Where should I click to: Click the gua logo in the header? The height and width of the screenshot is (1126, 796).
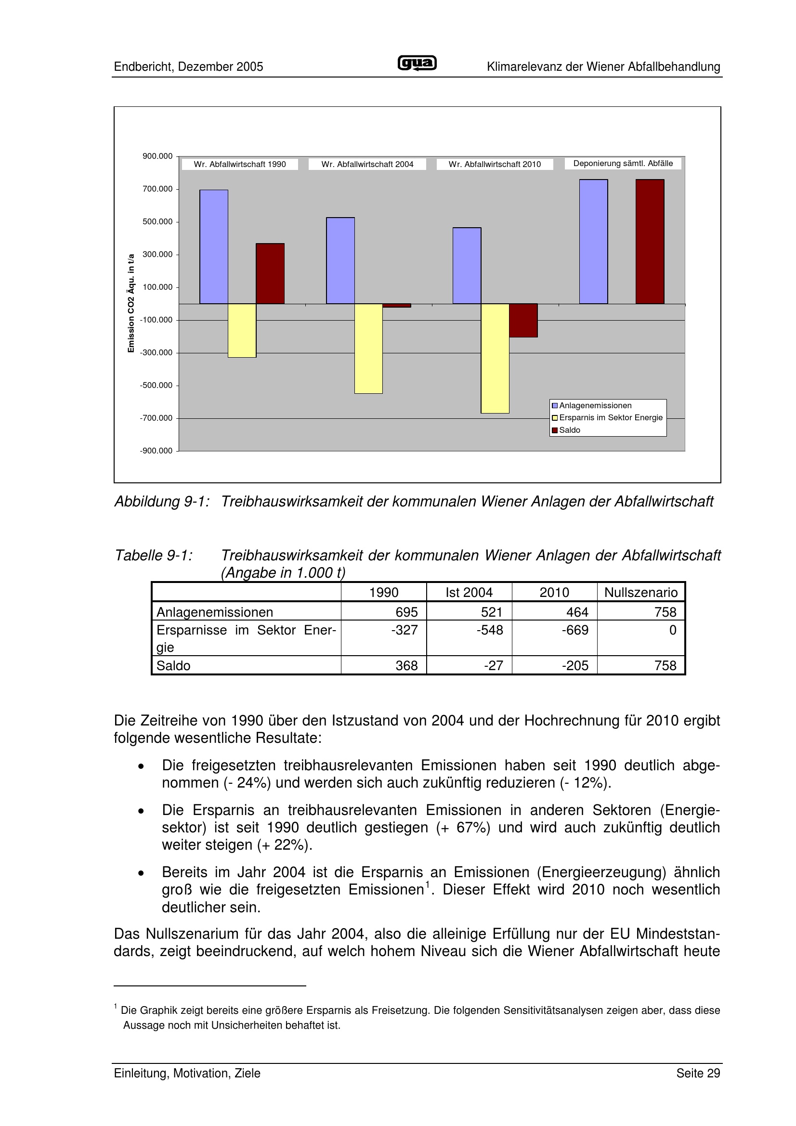(x=417, y=63)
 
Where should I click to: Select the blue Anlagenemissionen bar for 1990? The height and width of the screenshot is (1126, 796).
(x=213, y=246)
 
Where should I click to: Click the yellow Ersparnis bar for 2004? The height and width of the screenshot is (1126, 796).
(x=368, y=348)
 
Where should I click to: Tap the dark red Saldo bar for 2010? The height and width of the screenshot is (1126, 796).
(x=523, y=320)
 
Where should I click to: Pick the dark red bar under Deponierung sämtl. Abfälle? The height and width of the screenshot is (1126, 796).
(x=650, y=241)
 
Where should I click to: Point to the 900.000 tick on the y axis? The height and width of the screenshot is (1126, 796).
(x=157, y=156)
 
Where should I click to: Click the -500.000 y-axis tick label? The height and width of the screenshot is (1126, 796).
(x=157, y=386)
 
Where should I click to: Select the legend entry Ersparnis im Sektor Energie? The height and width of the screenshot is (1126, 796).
(x=611, y=418)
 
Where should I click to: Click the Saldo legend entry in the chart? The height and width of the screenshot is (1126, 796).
(x=569, y=430)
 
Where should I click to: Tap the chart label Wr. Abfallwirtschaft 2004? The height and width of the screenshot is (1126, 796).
(x=367, y=164)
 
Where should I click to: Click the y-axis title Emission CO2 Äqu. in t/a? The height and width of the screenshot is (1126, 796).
(x=131, y=303)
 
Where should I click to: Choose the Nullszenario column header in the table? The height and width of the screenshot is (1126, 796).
(x=640, y=593)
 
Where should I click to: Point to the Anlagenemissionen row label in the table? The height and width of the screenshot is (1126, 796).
(x=215, y=612)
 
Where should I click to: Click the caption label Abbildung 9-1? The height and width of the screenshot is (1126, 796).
(x=162, y=502)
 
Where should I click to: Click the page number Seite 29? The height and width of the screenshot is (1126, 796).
(x=698, y=1074)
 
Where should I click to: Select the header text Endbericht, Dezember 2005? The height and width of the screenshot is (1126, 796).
(x=188, y=67)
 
